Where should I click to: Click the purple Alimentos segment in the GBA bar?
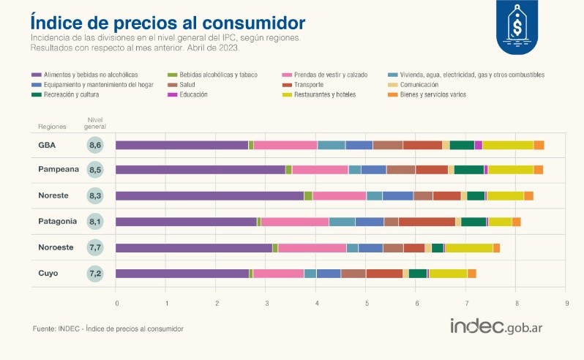[x=182, y=145]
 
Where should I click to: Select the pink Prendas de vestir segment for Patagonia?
[x=295, y=222]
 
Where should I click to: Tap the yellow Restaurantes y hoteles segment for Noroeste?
[x=468, y=247]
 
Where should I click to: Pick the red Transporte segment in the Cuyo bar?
[x=384, y=274]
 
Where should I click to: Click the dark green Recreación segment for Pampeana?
[x=468, y=170]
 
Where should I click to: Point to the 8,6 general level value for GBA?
[x=95, y=145]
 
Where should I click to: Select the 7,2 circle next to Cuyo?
[x=95, y=274]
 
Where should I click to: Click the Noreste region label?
[x=56, y=195]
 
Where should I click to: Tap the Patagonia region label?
[x=58, y=222]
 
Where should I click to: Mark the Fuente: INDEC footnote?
[x=108, y=329]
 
